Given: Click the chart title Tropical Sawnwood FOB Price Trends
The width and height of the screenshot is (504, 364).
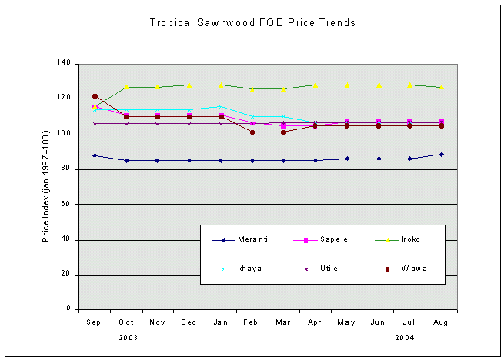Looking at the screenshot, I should click(252, 23).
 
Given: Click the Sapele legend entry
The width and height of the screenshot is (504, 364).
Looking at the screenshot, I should click(332, 240).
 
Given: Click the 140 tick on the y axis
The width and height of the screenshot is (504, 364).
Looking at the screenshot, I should click(64, 63).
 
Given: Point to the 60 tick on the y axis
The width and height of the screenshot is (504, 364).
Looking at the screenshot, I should click(66, 204).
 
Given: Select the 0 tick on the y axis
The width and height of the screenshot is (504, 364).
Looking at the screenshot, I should click(68, 309).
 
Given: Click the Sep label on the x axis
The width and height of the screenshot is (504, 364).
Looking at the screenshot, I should click(95, 323).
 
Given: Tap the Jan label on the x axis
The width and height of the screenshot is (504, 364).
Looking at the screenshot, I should click(220, 323).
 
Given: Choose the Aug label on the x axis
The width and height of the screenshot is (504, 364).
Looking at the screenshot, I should click(441, 323).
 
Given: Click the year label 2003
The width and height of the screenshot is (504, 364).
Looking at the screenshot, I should click(128, 337).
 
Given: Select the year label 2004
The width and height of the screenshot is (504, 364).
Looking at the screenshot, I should click(405, 337).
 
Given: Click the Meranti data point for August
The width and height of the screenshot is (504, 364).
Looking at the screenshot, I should click(441, 154).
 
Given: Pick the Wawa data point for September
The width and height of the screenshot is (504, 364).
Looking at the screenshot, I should click(95, 96).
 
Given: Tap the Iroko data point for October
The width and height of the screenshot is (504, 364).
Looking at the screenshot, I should click(126, 87).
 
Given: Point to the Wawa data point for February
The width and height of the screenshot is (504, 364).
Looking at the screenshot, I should click(252, 132).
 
